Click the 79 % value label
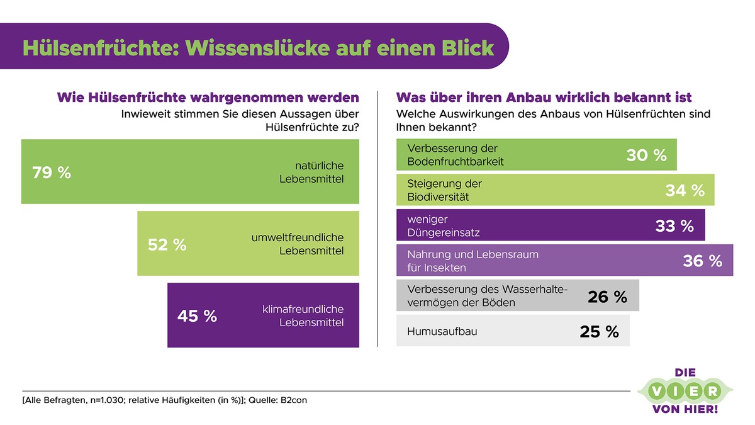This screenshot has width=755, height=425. (52, 173)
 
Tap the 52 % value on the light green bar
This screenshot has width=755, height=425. (167, 244)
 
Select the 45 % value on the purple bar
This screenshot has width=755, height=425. (197, 316)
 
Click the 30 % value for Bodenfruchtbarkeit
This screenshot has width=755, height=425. (646, 156)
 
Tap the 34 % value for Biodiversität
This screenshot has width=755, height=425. (685, 190)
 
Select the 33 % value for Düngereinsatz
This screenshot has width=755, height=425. (674, 225)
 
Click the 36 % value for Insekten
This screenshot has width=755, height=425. (702, 261)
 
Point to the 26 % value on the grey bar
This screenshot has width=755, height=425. (607, 297)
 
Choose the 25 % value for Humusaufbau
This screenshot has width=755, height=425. (599, 331)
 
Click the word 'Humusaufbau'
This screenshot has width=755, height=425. (442, 331)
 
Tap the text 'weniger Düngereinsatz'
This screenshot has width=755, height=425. (444, 225)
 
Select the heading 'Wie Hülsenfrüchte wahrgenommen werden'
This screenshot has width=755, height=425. (208, 98)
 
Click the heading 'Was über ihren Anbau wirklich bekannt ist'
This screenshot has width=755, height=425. (544, 98)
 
